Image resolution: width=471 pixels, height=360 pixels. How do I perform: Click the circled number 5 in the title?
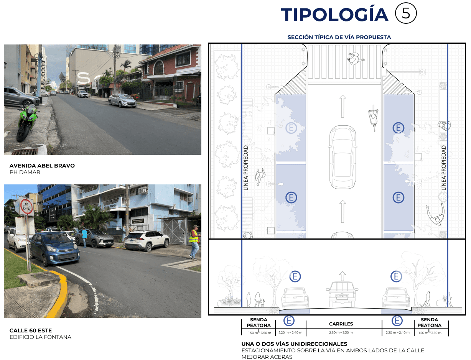pos(406,13)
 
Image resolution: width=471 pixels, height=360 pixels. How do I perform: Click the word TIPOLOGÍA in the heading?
pos(334,15)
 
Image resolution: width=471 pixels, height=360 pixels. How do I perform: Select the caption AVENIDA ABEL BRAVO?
pos(42,166)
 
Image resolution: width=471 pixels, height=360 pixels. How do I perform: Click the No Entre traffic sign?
pos(26,206)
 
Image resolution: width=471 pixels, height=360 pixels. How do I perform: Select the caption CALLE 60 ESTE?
pos(31,330)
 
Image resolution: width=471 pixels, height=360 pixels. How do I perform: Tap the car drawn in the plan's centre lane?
pos(343,157)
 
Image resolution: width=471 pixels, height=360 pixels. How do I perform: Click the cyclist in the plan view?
pos(372,115)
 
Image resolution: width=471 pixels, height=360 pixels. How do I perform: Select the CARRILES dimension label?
pos(341,324)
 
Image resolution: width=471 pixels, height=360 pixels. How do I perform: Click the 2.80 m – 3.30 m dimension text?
pos(341,332)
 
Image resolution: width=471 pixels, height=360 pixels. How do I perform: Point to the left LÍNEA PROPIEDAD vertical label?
pos(246,168)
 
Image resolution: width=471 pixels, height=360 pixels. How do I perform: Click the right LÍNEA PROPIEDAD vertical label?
pos(444,168)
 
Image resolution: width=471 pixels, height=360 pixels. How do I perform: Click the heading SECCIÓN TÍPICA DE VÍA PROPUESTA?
pos(339,37)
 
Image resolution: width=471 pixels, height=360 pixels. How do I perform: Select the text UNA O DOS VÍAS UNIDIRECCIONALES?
pos(294,344)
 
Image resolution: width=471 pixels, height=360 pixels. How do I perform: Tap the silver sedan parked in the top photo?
pos(122,100)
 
